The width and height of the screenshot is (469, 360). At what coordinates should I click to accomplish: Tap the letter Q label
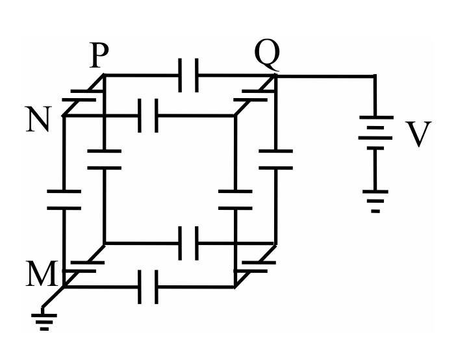pos(267,56)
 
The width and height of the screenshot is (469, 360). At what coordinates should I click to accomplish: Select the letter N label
pos(38,119)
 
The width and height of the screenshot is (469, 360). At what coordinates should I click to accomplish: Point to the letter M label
pos(42,274)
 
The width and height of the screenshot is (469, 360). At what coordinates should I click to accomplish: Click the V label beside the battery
pos(419,134)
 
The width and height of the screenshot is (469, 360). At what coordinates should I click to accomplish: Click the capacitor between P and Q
pos(188,75)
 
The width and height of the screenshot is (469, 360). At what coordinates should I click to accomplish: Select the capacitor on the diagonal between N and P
pos(83,96)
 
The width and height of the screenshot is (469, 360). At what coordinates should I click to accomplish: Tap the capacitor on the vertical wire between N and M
pos(64,199)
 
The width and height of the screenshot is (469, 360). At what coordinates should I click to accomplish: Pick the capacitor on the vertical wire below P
pos(105,159)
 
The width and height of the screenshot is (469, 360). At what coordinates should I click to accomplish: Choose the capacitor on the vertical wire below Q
pos(275,159)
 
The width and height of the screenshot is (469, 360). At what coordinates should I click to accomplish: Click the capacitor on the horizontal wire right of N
pos(148,116)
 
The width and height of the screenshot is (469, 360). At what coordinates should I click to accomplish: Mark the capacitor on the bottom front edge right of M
pos(148,287)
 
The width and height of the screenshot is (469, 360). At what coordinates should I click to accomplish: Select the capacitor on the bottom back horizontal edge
pos(188,243)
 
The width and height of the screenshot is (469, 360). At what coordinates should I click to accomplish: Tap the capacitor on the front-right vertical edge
pos(235,199)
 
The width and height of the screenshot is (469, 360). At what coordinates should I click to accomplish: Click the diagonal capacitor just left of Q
pos(255,96)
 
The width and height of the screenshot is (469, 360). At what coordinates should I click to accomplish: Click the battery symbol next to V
pos(375,133)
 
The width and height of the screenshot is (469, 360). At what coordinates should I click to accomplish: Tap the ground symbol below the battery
pos(375,201)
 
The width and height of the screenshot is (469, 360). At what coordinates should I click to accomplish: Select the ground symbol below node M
pos(44,322)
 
